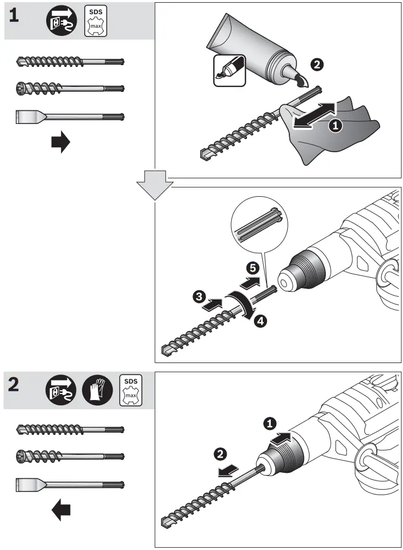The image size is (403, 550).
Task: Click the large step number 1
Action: tap(14, 16)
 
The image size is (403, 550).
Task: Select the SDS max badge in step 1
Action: tap(96, 22)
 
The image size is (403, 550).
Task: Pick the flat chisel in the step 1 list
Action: tap(70, 116)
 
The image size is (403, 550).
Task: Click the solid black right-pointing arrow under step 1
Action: tap(60, 143)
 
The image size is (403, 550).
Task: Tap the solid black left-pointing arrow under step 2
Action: tap(61, 510)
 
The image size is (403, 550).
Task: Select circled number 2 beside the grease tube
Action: tap(317, 65)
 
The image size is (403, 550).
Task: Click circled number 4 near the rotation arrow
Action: tap(261, 321)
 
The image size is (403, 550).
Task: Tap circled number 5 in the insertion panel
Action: tap(251, 267)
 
